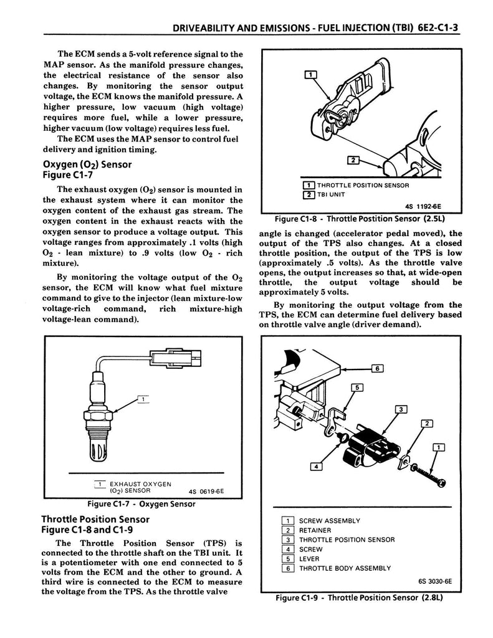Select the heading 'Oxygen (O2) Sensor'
coord(87,164)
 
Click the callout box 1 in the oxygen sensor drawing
coord(143,399)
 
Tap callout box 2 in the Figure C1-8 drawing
coord(352,161)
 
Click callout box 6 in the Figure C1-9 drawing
coord(377,368)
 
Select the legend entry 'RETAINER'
coord(315,531)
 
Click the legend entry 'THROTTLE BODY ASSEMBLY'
coord(345,568)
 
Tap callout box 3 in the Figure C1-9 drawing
coord(401,409)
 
